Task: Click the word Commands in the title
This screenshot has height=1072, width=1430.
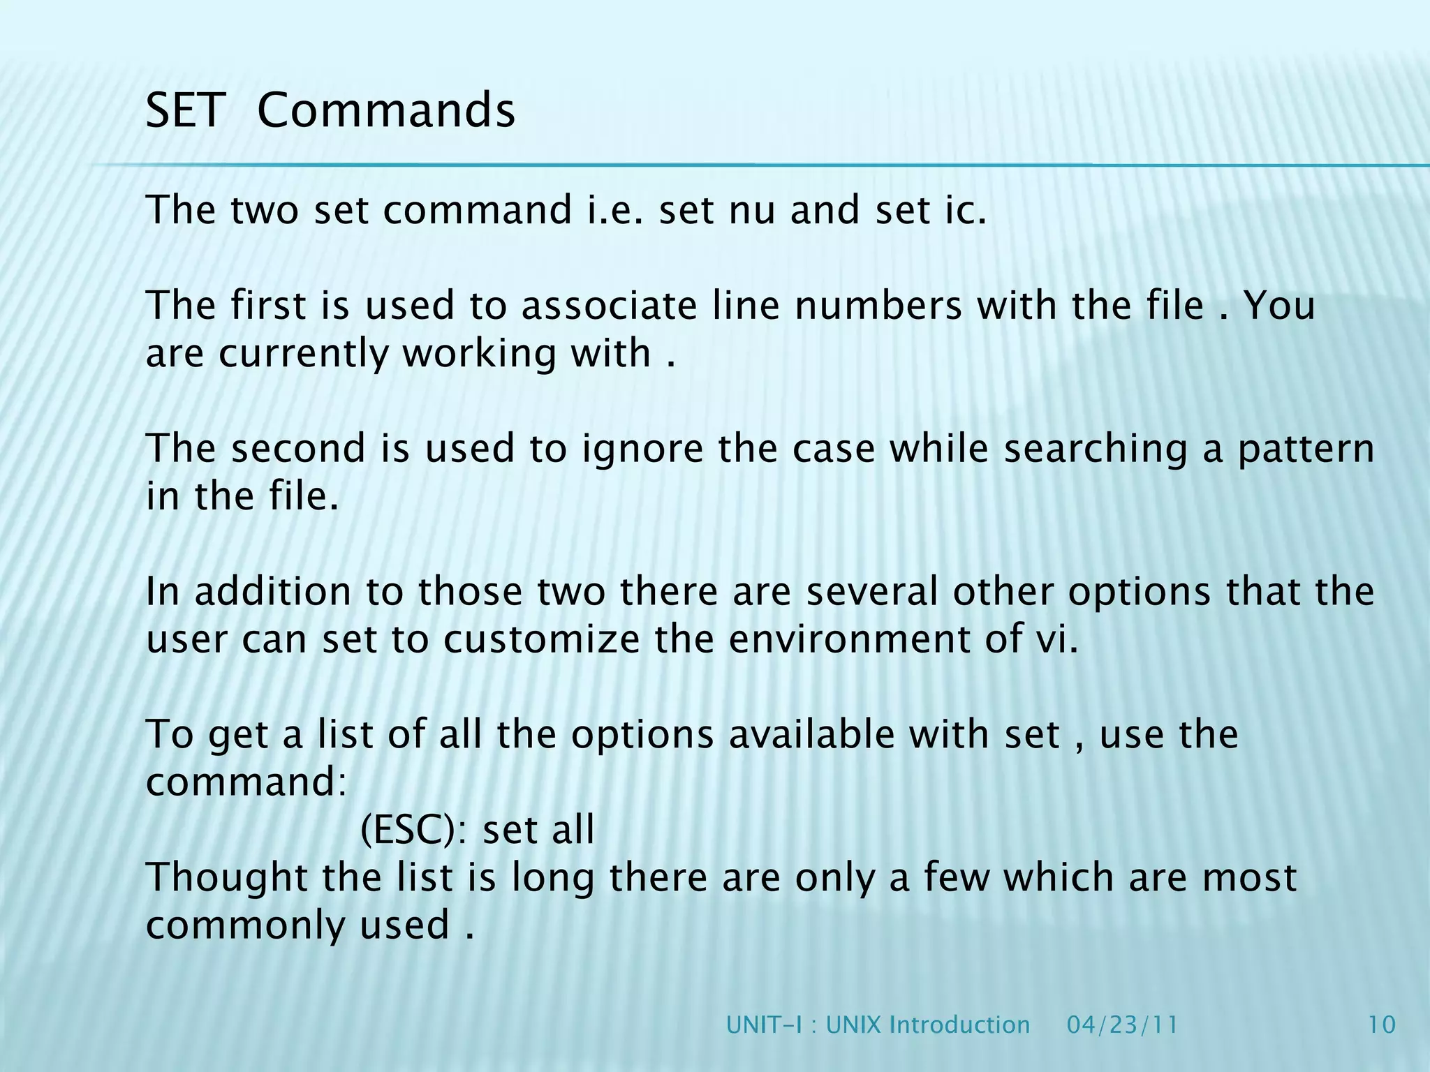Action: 386,110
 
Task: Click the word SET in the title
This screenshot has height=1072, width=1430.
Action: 185,110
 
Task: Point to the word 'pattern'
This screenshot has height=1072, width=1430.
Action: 1306,449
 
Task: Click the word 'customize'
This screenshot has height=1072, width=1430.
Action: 541,639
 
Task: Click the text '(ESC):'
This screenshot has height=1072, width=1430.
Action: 414,830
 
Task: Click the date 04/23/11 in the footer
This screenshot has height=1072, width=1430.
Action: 1122,1025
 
